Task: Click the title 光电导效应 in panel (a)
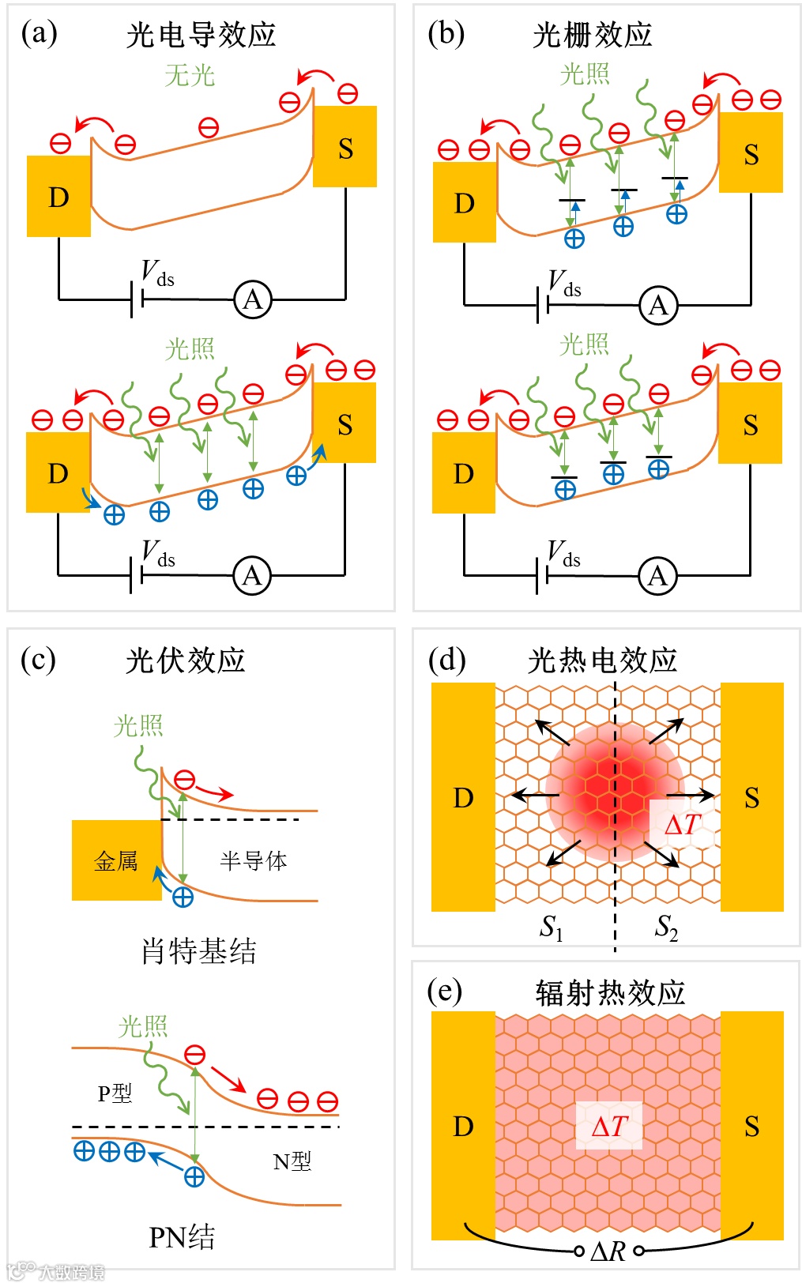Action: [x=201, y=36]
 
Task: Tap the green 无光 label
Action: [x=190, y=76]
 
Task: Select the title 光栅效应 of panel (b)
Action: [x=592, y=36]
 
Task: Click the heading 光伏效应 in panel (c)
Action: [x=186, y=660]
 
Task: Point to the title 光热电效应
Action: [x=602, y=660]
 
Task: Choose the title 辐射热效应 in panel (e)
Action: [x=610, y=993]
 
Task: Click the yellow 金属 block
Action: [x=116, y=860]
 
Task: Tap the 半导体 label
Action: [x=253, y=860]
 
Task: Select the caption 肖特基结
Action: [x=198, y=951]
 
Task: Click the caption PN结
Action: [x=182, y=1237]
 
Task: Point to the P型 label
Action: [x=115, y=1093]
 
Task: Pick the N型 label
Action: [x=292, y=1161]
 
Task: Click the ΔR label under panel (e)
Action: [x=608, y=1251]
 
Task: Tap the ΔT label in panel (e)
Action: [x=609, y=1126]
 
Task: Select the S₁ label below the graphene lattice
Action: [x=552, y=927]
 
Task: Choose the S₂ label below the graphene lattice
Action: [x=666, y=927]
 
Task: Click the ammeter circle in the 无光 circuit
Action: [x=252, y=300]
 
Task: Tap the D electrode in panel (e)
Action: [x=463, y=1126]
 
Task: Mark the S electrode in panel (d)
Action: [x=751, y=797]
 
